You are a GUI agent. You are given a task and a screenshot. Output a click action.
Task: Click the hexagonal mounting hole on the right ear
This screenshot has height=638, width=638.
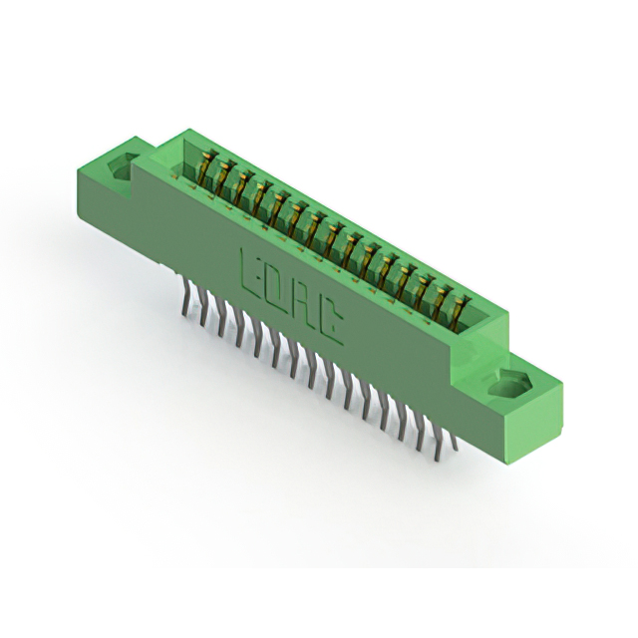coord(509,386)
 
